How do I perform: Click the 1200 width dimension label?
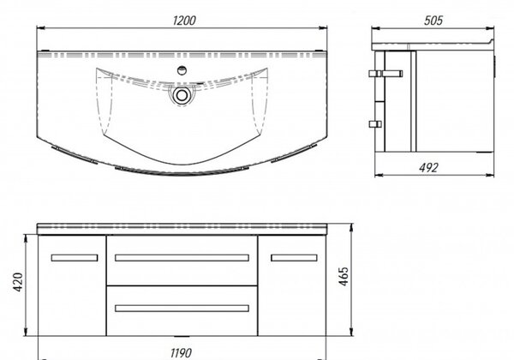tap(184, 21)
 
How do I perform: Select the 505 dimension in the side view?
tap(433, 21)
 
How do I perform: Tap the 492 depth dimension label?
tap(428, 167)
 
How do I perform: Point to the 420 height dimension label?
tap(18, 282)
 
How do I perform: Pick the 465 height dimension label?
tap(344, 276)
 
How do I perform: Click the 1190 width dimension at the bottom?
tap(181, 353)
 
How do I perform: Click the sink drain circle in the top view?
tap(181, 95)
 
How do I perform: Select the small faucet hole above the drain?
tap(182, 69)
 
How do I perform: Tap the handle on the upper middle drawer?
tap(182, 258)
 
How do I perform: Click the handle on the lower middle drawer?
tap(182, 309)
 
